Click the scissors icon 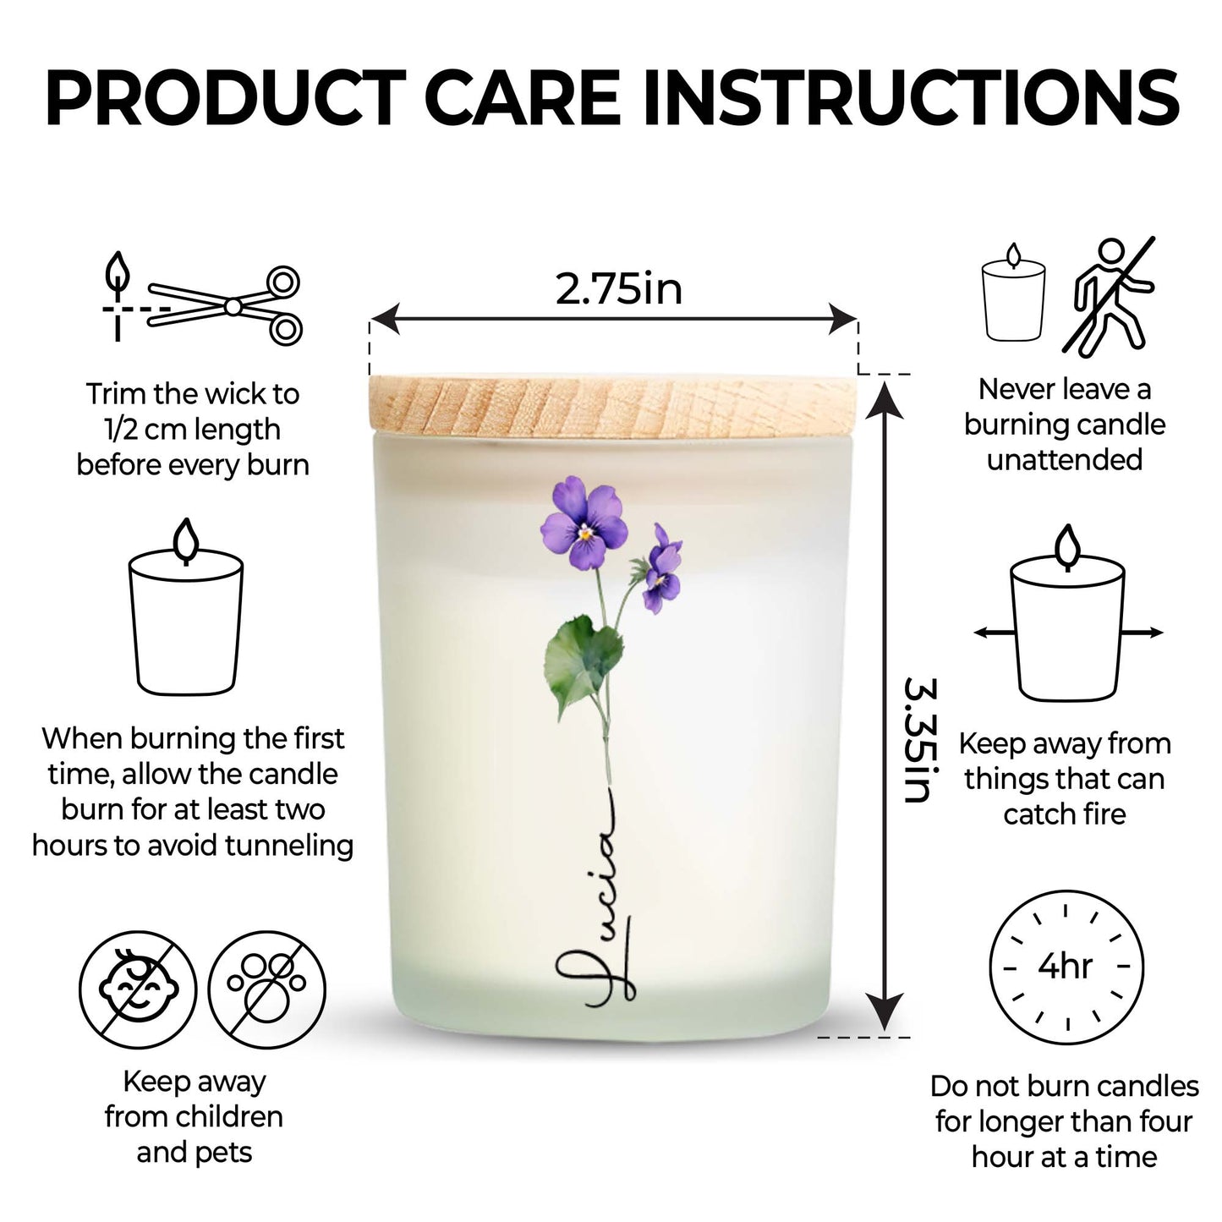(224, 305)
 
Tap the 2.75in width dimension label (619, 288)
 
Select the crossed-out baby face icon (138, 989)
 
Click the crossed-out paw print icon (267, 989)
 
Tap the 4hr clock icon (1066, 967)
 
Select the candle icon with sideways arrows (1069, 615)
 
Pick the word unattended (1065, 459)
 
